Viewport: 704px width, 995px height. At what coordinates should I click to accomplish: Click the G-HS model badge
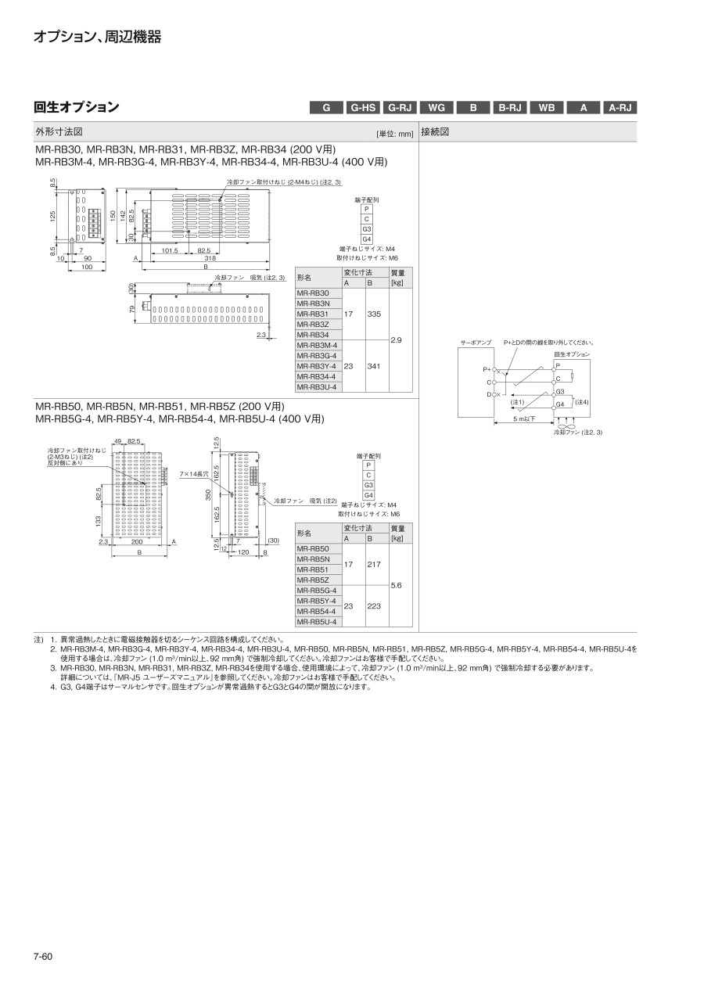(364, 108)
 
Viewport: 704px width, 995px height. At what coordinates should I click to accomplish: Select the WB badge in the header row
(547, 108)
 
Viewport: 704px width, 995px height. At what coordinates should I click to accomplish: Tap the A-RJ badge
(621, 108)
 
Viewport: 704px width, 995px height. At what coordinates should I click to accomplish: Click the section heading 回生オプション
(77, 107)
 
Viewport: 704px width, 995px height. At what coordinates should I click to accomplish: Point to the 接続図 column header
(435, 131)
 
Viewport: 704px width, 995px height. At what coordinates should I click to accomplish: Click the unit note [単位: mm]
(395, 133)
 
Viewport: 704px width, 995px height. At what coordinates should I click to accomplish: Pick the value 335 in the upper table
(373, 314)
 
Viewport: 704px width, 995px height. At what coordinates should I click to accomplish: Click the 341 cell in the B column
(373, 365)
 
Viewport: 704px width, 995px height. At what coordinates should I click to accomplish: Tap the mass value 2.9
(397, 339)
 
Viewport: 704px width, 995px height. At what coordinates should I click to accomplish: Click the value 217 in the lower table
(373, 564)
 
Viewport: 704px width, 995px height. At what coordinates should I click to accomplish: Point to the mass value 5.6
(397, 585)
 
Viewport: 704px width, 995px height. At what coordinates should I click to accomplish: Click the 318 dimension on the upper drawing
(210, 257)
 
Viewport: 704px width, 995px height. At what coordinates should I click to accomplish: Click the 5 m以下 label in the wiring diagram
(525, 419)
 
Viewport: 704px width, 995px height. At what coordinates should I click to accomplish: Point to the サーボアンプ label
(476, 343)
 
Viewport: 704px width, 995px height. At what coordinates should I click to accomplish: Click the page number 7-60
(43, 956)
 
